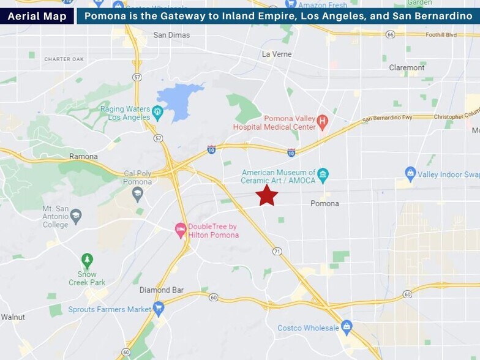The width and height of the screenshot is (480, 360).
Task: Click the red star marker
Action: (267, 195)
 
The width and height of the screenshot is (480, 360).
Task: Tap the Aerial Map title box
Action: (37, 16)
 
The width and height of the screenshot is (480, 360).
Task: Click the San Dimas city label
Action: (171, 36)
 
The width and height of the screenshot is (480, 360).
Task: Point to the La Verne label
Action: (274, 54)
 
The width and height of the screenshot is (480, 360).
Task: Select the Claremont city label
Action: (407, 67)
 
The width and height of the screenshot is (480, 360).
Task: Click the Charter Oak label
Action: (64, 59)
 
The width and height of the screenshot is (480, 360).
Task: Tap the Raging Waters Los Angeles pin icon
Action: (158, 111)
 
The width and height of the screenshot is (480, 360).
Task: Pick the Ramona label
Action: (83, 157)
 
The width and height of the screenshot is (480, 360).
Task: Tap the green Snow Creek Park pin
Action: (87, 260)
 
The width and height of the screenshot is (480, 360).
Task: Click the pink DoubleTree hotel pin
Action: (181, 230)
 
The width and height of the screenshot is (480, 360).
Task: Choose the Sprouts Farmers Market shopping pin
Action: (159, 308)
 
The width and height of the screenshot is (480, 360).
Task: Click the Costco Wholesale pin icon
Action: (347, 326)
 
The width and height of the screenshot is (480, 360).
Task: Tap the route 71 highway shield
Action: (277, 252)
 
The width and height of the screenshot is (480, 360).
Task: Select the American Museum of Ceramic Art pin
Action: (323, 175)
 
